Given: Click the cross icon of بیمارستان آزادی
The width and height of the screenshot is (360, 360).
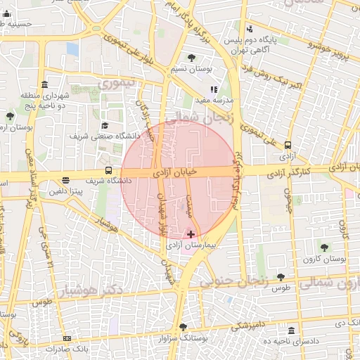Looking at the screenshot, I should pyautogui.click(x=191, y=234).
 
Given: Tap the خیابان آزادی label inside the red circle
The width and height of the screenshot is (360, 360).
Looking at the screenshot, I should pyautogui.click(x=173, y=170).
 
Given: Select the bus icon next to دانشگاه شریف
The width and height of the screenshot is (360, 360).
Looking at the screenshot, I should pyautogui.click(x=108, y=170).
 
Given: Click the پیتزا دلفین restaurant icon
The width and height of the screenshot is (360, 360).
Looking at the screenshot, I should pyautogui.click(x=66, y=180).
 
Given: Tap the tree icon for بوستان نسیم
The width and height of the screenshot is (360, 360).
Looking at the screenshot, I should pyautogui.click(x=191, y=58).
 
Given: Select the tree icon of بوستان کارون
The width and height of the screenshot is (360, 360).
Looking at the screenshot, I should pyautogui.click(x=324, y=247).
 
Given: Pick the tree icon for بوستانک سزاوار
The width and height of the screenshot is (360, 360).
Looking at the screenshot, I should pyautogui.click(x=184, y=327).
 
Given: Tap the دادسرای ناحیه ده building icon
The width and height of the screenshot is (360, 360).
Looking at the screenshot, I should pyautogui.click(x=292, y=330).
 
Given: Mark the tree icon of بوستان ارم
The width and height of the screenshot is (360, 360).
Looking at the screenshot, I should pyautogui.click(x=9, y=116).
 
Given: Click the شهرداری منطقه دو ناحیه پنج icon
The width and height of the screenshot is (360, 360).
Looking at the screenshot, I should pyautogui.click(x=45, y=84).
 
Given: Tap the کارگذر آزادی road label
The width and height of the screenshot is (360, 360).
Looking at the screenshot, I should pyautogui.click(x=291, y=169).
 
